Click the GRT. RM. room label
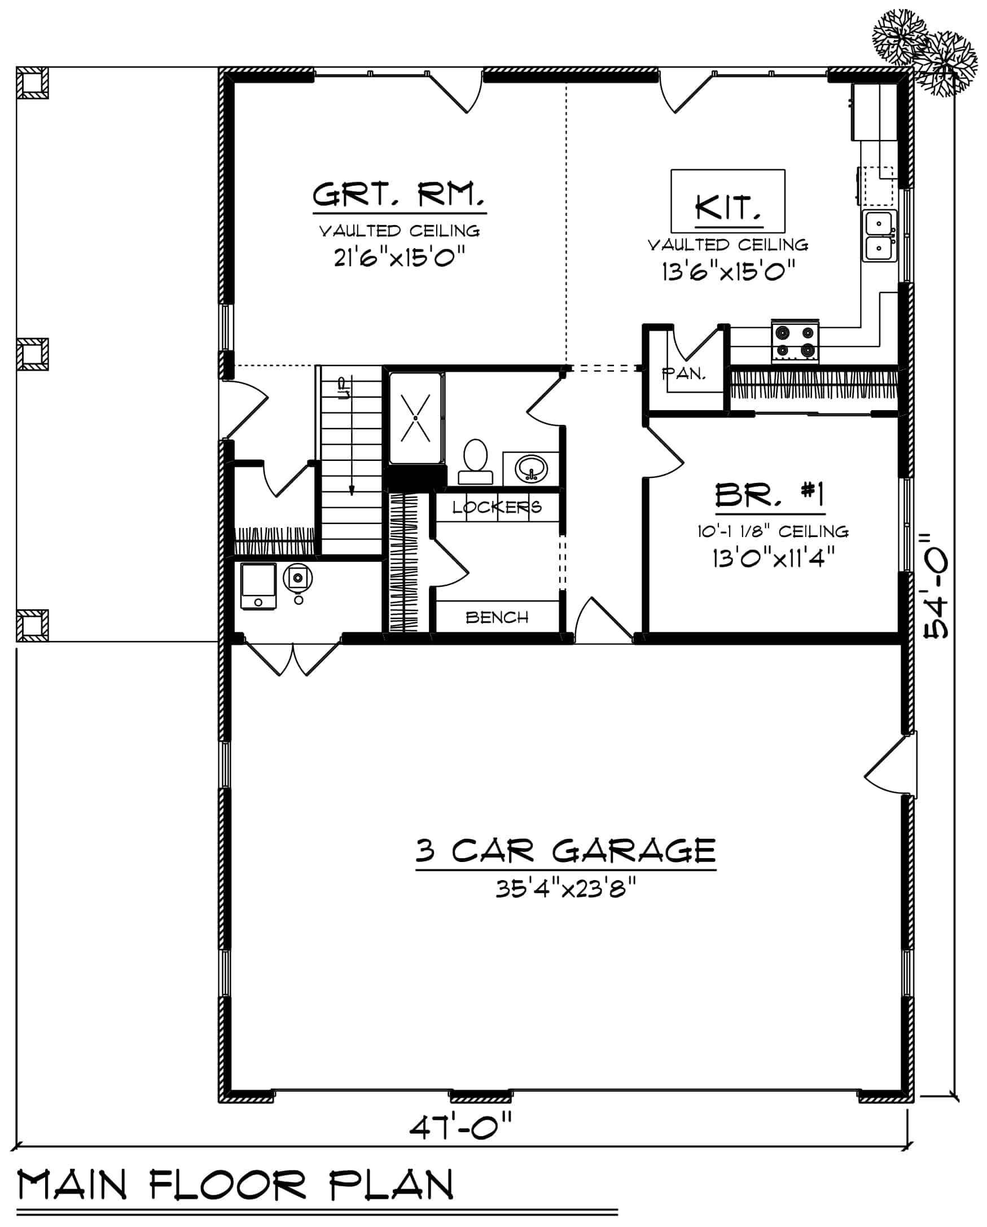(399, 195)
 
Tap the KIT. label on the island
(728, 208)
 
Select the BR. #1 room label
(770, 495)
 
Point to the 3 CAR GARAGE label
(565, 851)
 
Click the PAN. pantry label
(683, 373)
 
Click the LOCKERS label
(497, 507)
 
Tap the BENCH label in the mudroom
(497, 617)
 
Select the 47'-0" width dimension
(460, 1125)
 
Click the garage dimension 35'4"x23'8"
(565, 888)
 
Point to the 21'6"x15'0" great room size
(399, 258)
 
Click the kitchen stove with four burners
(795, 341)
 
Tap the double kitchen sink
(879, 236)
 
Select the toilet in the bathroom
(475, 461)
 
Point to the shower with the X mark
(415, 417)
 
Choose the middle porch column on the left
(32, 354)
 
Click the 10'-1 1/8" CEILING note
(773, 531)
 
